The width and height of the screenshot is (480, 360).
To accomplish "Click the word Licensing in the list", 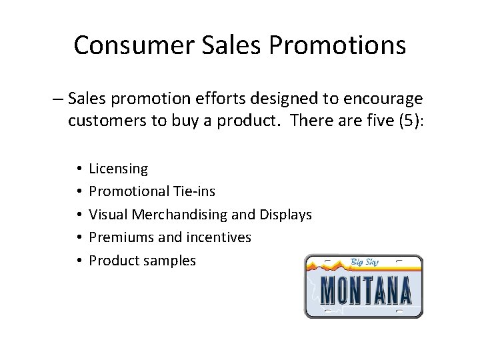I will click(x=119, y=169).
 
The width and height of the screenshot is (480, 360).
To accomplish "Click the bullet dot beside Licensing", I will click(x=79, y=169).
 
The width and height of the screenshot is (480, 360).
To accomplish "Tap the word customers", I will click(x=108, y=123).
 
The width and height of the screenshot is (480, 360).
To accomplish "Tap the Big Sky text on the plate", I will click(x=365, y=262).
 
